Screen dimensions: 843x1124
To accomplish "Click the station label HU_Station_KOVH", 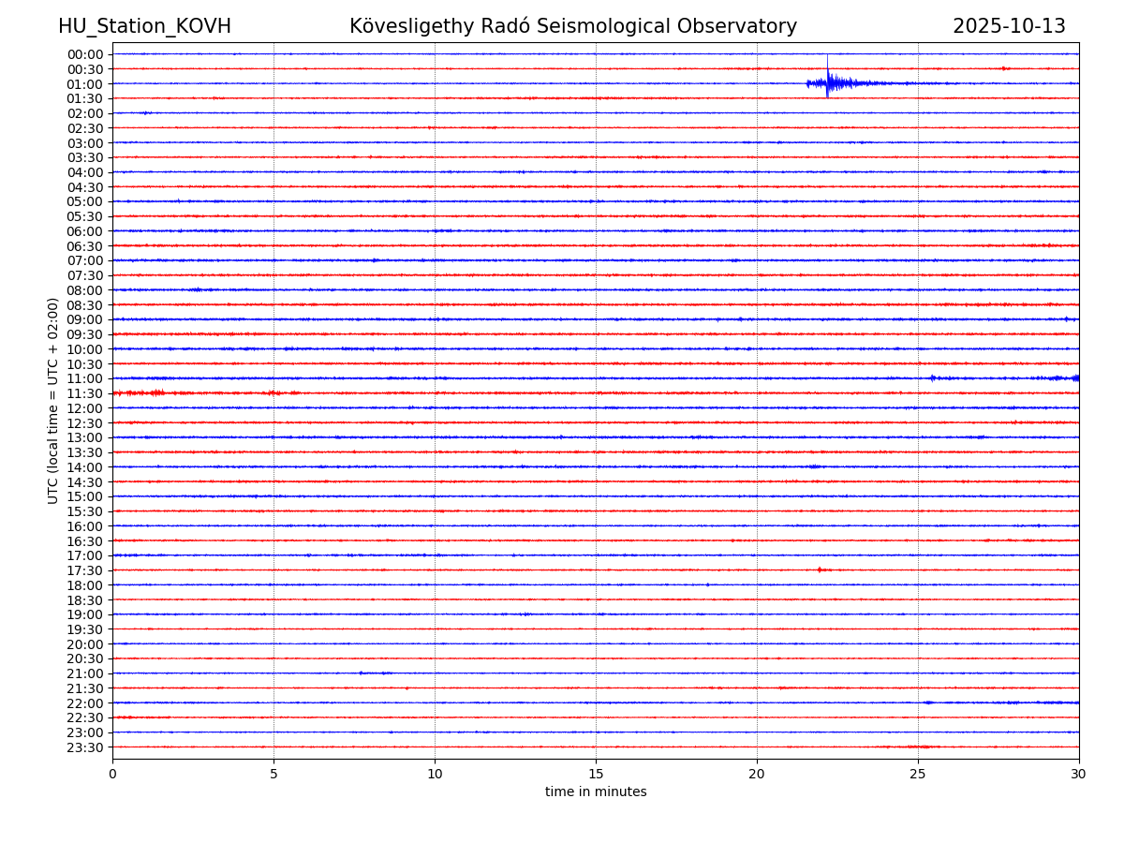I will (x=144, y=26).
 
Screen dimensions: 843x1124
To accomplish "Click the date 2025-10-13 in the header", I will (x=1009, y=26).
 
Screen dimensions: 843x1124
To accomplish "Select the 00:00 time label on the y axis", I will (x=85, y=54).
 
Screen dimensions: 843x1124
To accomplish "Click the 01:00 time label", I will (x=85, y=83).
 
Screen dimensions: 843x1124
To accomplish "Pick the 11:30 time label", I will (x=85, y=393).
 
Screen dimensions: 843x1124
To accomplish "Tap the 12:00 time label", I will (x=85, y=408).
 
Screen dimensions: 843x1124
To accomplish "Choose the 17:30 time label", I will (x=85, y=570).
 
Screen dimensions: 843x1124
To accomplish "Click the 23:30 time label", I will (x=85, y=747).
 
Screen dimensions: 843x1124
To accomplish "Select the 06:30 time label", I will (x=85, y=246).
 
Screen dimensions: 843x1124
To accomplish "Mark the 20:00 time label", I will (x=85, y=644).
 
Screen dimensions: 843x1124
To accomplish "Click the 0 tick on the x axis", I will (x=112, y=774).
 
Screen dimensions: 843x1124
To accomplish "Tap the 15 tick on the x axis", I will (x=596, y=774).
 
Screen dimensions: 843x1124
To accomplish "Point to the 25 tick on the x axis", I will (x=918, y=774).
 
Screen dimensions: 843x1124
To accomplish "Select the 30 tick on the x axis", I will (x=1079, y=774).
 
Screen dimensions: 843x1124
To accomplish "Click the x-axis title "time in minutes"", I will (x=596, y=791).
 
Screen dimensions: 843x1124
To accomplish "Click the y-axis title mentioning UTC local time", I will (x=53, y=400).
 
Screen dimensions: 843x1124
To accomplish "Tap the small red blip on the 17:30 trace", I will (x=820, y=569).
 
